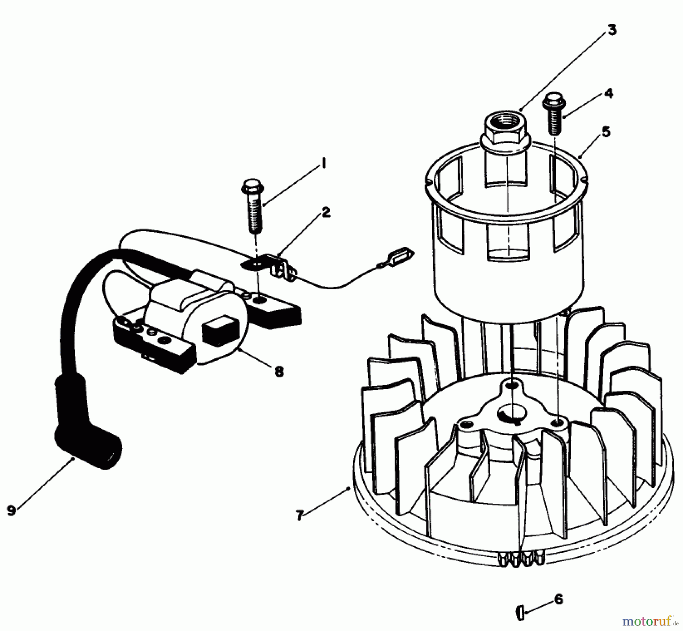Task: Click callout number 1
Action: click(x=323, y=165)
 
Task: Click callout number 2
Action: click(x=325, y=213)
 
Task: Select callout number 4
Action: click(x=608, y=93)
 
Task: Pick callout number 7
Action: click(x=299, y=516)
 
